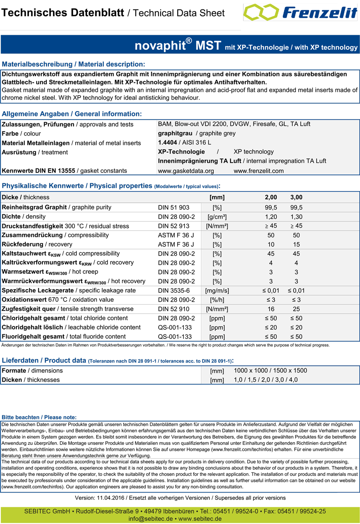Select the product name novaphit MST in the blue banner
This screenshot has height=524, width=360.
coord(178,45)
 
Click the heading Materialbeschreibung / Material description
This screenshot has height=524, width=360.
coord(74,65)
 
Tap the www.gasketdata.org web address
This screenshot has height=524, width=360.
coord(186,171)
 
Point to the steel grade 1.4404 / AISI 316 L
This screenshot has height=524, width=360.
coord(184,143)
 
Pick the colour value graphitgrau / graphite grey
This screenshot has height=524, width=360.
coord(197,133)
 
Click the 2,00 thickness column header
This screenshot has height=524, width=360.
coord(271,197)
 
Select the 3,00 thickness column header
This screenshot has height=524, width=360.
coord(296,197)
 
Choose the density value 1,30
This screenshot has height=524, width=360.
coord(296,216)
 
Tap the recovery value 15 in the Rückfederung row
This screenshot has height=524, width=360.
coord(296,244)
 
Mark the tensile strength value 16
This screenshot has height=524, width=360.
coord(271,309)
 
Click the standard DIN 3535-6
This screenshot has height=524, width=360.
coord(174,290)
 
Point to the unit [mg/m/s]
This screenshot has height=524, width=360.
coord(217,291)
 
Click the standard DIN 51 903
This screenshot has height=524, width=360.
coord(174,207)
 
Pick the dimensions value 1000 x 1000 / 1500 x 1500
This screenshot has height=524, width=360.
coord(270,370)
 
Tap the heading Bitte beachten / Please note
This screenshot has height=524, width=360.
coord(39,417)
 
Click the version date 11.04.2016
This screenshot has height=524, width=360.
coord(111,498)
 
